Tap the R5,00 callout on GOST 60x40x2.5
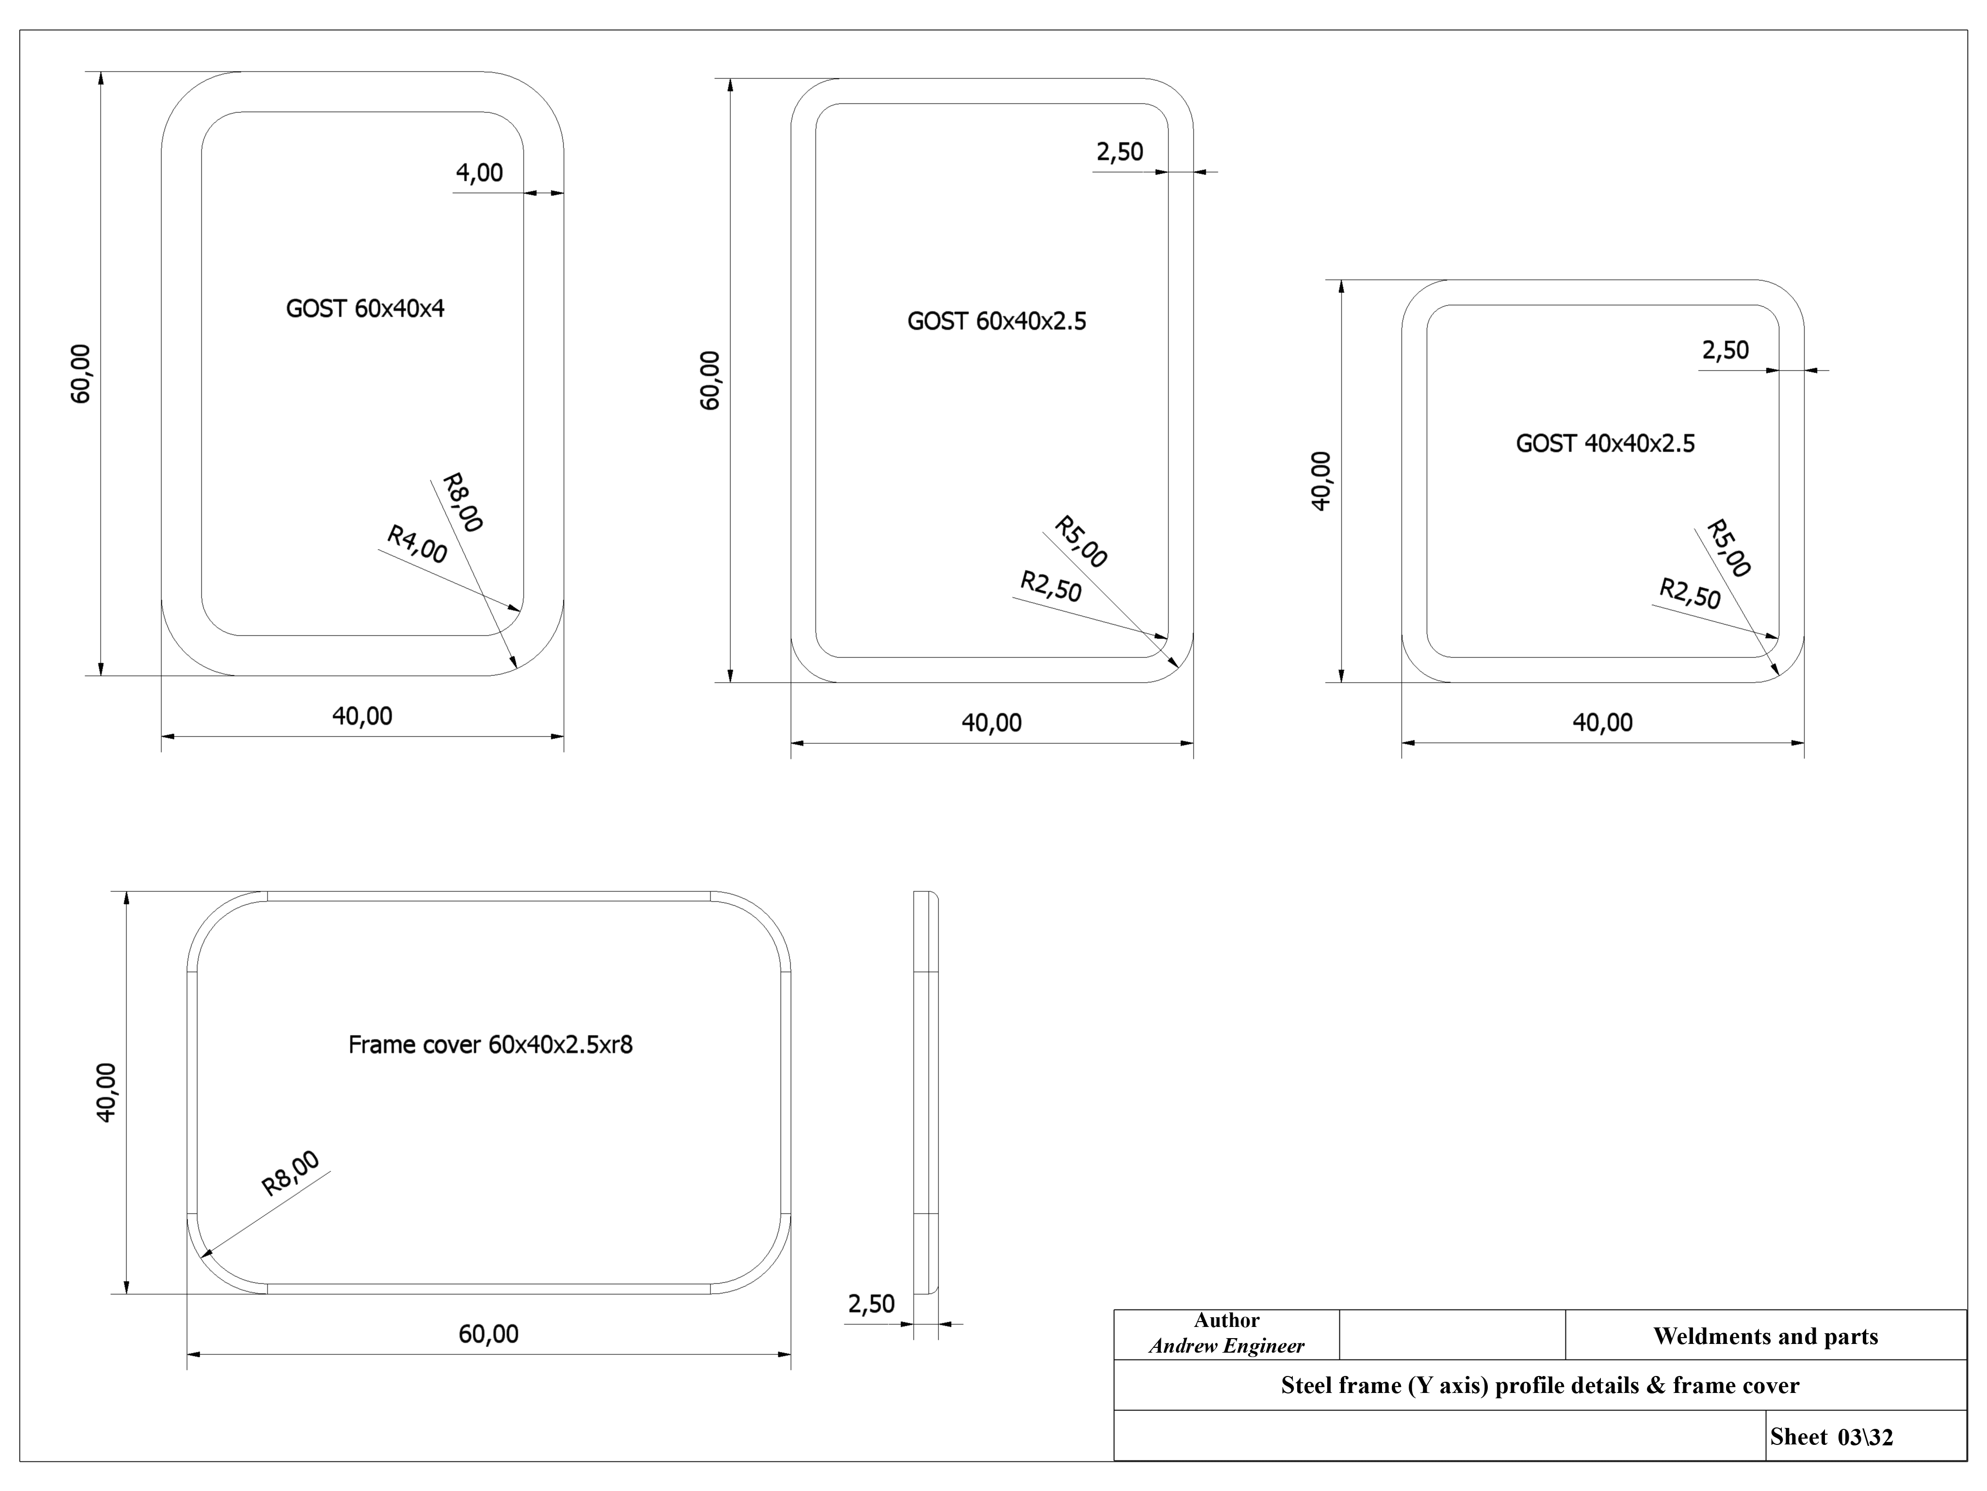pos(1081,542)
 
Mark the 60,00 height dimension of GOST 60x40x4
pos(81,374)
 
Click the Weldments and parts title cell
pos(1765,1337)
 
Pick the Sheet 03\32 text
pos(1831,1437)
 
